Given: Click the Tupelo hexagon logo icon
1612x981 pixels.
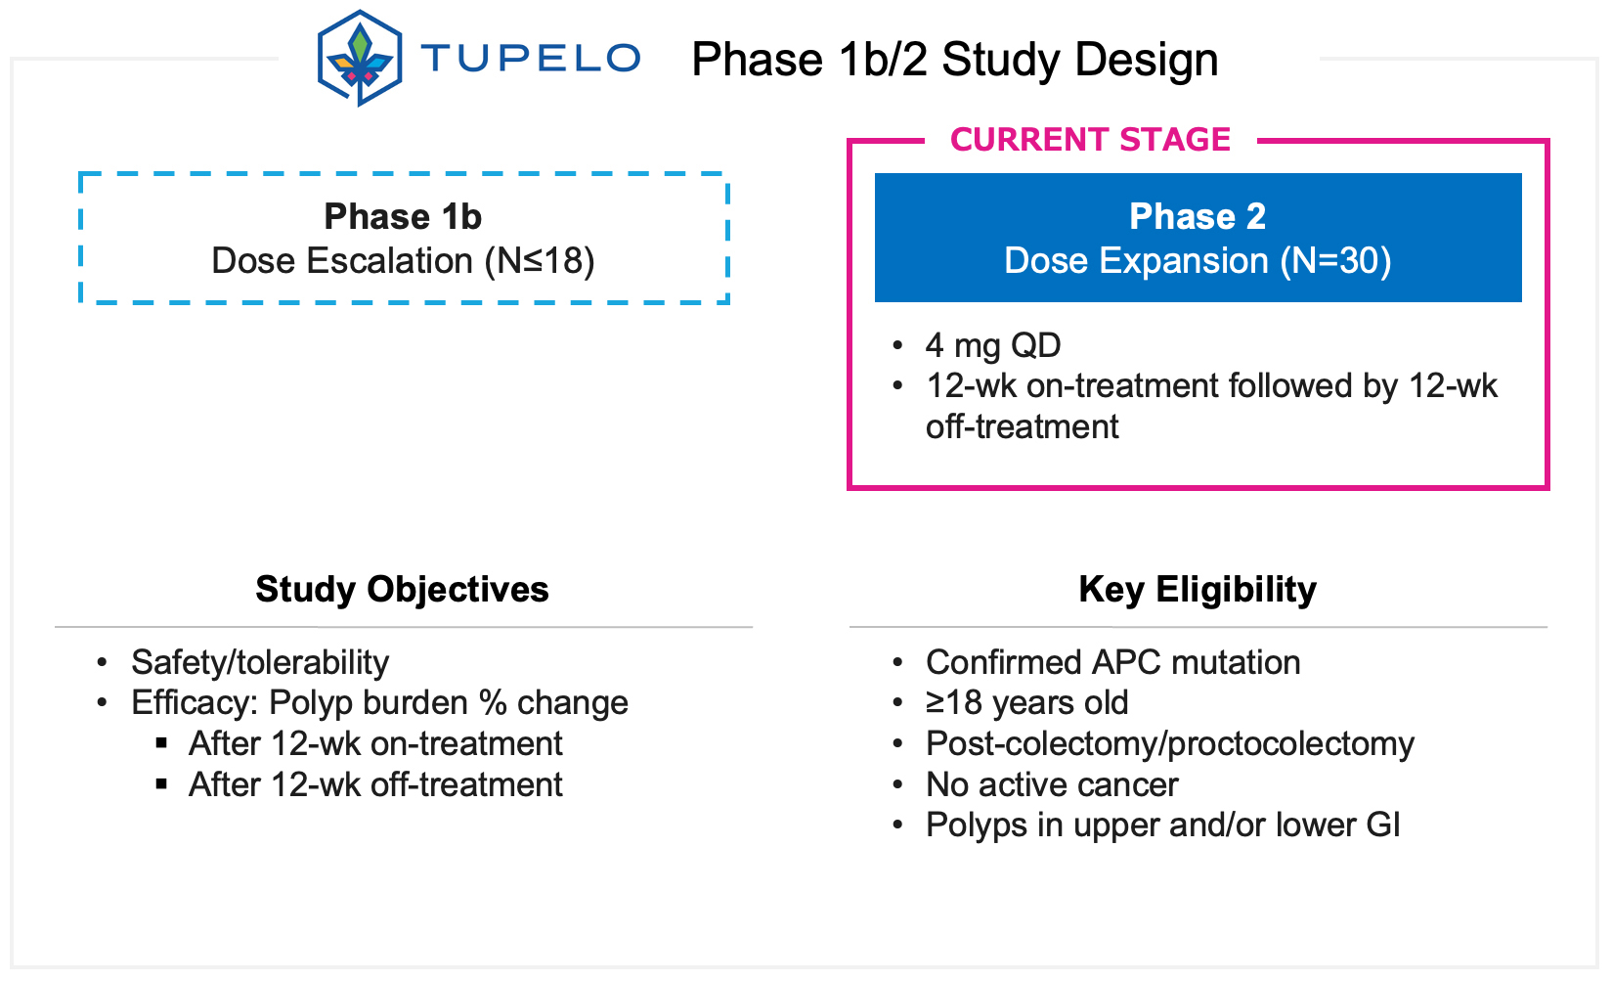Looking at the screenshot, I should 359,58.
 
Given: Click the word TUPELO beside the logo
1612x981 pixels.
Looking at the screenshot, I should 531,59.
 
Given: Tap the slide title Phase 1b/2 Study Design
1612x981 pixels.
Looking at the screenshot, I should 954,60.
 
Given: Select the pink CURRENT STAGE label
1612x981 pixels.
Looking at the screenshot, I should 1090,140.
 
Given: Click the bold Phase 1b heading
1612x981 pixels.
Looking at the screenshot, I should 403,216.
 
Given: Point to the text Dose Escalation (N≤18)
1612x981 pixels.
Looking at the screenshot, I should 403,261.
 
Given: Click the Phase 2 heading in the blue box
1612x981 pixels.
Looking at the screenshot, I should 1197,216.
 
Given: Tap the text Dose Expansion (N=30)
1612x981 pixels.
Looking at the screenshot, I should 1197,261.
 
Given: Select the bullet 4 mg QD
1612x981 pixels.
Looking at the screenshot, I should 992,345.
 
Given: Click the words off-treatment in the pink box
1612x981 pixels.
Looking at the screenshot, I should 1022,426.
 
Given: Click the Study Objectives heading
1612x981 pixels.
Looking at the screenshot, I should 402,590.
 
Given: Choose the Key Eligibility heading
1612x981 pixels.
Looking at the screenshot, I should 1197,590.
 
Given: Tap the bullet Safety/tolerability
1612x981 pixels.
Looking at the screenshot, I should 260,662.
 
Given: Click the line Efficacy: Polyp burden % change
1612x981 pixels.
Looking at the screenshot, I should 379,702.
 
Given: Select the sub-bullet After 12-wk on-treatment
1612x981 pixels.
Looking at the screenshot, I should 375,743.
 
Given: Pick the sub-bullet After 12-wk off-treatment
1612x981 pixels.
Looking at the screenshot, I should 375,784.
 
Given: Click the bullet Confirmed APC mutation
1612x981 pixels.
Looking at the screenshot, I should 1112,662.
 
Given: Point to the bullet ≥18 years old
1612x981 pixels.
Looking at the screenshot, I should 1026,702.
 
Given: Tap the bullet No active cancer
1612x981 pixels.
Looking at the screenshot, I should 1052,784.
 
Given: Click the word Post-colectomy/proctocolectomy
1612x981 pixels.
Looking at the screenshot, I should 1169,743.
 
